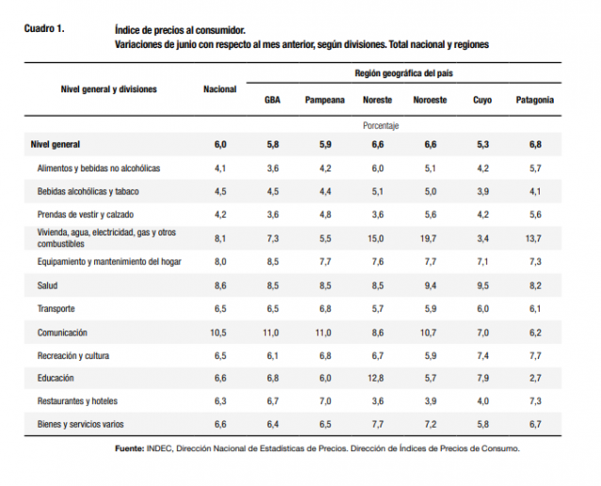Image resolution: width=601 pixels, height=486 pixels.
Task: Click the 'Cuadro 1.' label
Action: (44, 29)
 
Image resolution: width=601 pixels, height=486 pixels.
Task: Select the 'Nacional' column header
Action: (219, 89)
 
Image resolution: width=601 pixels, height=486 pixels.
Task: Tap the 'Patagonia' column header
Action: (534, 100)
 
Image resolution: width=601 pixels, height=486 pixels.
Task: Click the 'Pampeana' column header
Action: (324, 100)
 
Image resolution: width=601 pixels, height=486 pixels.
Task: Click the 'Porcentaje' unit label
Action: (382, 124)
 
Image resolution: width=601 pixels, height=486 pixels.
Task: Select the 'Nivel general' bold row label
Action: (56, 144)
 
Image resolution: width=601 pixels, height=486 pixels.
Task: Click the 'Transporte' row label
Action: (57, 308)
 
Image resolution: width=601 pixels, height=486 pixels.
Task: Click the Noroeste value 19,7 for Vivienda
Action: (430, 238)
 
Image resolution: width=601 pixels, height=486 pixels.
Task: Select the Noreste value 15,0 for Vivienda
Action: (377, 238)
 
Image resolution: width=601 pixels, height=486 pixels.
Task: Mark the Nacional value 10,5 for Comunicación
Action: (219, 332)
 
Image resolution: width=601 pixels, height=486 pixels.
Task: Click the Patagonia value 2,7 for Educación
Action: (535, 378)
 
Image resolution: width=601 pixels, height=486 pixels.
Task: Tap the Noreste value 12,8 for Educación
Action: (377, 378)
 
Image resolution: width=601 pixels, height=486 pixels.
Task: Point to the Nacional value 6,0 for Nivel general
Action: (220, 144)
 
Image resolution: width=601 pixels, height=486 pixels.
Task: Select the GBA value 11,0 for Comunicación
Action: (272, 332)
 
